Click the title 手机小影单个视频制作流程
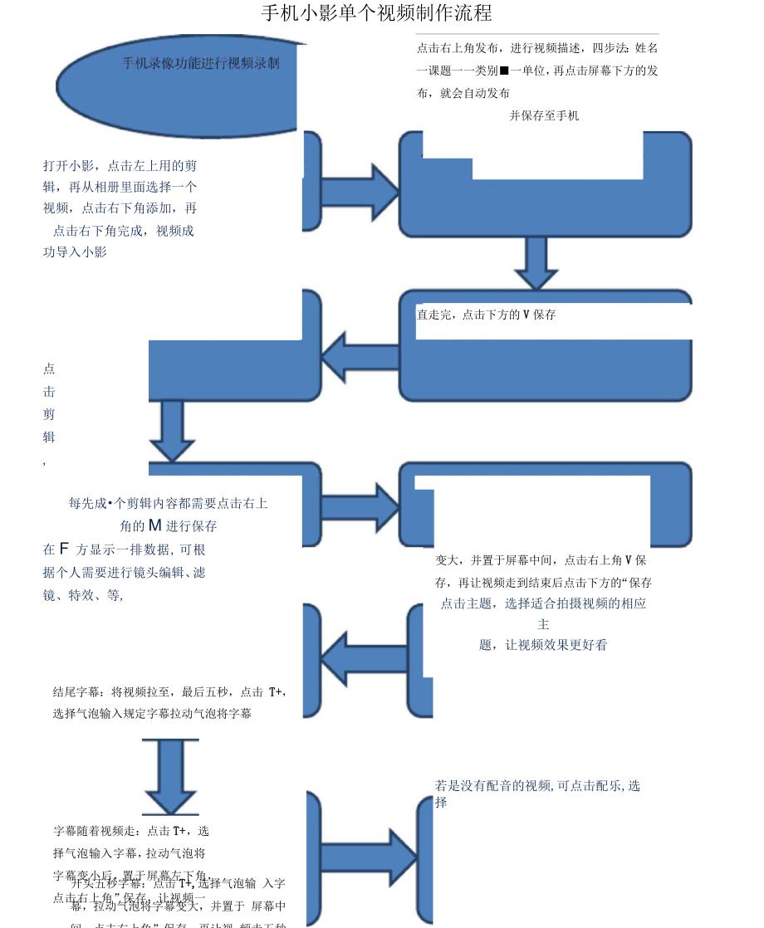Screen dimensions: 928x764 click(376, 13)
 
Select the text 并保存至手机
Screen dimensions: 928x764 click(544, 116)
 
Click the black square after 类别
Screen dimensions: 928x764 click(504, 71)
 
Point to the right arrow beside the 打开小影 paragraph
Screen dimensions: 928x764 click(359, 193)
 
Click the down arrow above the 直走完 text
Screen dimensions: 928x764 click(536, 262)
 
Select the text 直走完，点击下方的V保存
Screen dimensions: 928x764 click(487, 315)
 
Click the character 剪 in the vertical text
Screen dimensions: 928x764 click(49, 414)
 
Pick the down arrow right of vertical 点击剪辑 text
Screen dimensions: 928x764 click(172, 430)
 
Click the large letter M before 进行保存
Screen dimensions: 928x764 click(154, 525)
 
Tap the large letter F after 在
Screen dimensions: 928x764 click(64, 549)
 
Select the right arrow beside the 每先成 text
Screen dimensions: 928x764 click(359, 508)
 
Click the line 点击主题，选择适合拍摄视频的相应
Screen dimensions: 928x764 click(543, 603)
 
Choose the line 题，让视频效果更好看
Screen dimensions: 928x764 click(543, 645)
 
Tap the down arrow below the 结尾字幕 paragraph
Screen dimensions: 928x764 click(171, 776)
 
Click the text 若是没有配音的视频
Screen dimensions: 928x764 click(492, 785)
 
